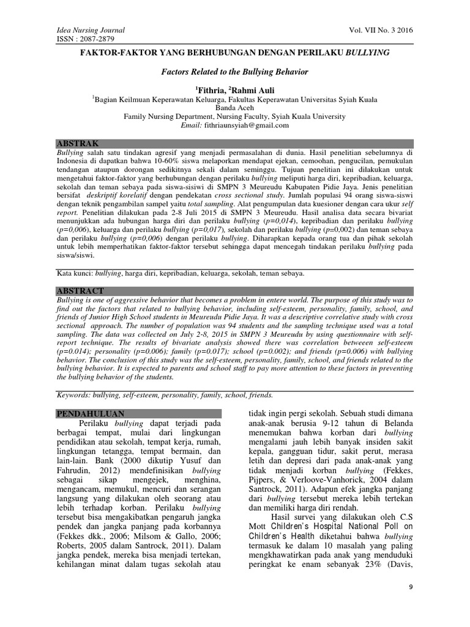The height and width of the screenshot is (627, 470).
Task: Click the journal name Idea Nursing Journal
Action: pos(91,30)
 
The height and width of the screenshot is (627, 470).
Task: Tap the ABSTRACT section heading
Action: pos(80,290)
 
